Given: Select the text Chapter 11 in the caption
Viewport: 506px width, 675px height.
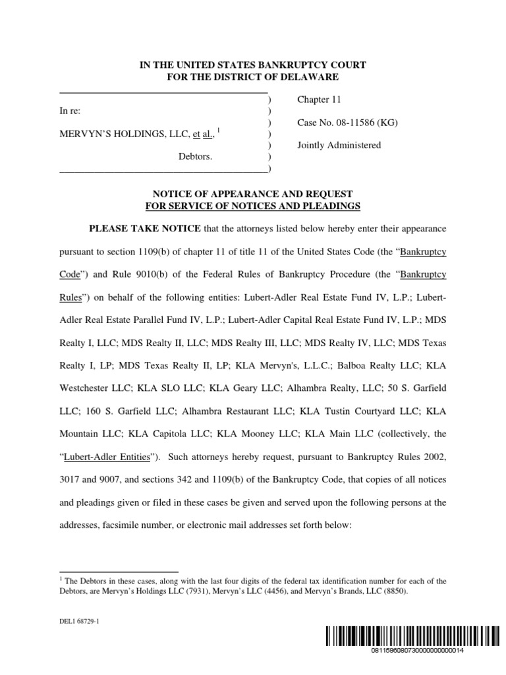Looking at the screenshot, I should point(319,100).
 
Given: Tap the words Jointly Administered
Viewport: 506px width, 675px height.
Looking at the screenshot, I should point(339,145).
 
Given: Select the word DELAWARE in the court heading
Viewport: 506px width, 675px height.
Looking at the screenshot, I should point(310,77).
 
